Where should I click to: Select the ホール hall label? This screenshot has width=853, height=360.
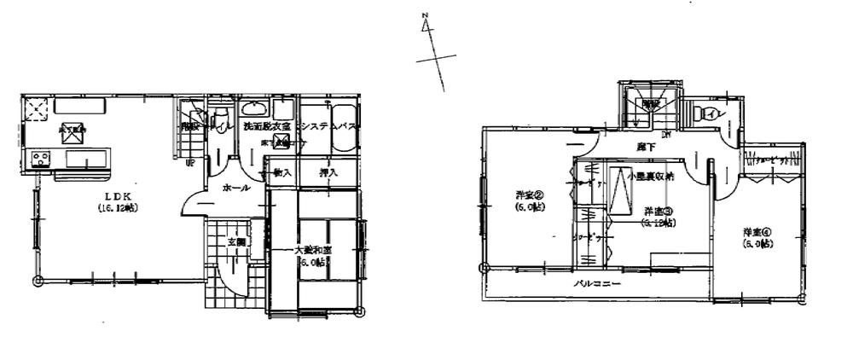(235, 188)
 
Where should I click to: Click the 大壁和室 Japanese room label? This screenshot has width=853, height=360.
(313, 250)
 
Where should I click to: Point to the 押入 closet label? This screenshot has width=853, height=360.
(328, 173)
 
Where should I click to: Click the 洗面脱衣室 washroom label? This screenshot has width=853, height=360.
(267, 126)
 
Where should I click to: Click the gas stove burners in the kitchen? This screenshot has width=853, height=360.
(40, 159)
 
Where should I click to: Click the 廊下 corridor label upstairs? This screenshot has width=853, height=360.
(646, 147)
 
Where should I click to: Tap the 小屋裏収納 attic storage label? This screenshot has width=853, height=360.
(650, 177)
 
